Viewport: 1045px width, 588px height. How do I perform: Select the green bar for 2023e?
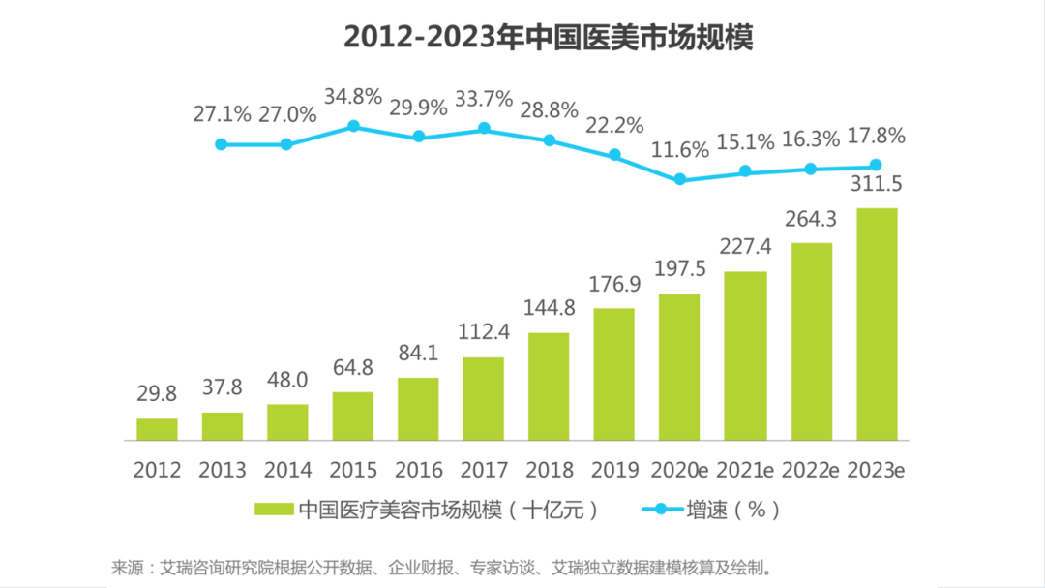coord(876,325)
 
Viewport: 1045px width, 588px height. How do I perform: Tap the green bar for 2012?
coord(157,430)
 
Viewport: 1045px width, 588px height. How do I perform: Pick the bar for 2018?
coord(549,387)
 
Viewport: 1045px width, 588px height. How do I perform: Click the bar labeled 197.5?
coord(679,367)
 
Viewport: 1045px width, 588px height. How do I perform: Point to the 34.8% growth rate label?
coord(353,97)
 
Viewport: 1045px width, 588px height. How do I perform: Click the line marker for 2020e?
coord(679,179)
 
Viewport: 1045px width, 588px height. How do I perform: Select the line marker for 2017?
coord(484,128)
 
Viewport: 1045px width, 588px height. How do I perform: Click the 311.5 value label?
coord(876,185)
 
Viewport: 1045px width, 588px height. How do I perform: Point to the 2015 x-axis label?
coord(353,471)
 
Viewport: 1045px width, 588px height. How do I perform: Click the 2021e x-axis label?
coord(745,471)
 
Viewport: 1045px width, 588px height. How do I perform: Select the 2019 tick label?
coord(614,471)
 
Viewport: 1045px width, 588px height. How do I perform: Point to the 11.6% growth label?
coord(679,149)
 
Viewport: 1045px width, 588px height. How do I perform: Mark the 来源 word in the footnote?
coord(127,566)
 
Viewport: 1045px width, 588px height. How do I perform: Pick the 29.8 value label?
coord(157,396)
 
